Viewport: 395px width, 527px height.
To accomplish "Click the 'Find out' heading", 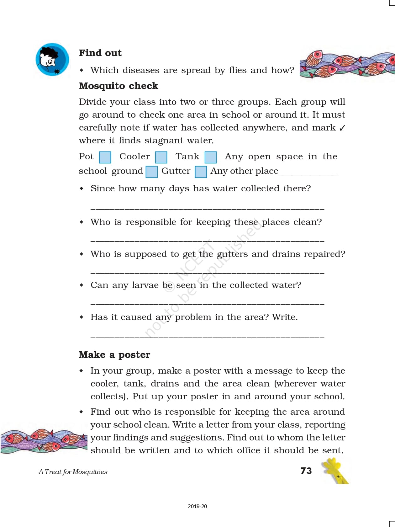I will pos(100,53).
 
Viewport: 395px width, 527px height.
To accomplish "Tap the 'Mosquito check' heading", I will pos(118,86).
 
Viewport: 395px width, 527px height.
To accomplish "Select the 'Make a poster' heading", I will pos(114,355).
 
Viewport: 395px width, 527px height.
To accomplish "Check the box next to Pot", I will pos(105,157).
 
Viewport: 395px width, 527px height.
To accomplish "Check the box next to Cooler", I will pos(161,157).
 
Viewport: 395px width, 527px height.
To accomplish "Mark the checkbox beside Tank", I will pos(211,157).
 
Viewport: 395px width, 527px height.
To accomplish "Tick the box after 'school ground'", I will pos(152,172).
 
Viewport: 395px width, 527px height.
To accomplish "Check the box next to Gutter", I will pos(201,172).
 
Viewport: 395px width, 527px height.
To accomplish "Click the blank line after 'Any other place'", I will pos(308,174).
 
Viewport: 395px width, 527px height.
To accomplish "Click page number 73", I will pos(306,471).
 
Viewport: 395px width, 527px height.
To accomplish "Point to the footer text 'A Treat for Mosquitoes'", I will pos(73,472).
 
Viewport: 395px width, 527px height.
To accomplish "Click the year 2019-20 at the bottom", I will pos(197,506).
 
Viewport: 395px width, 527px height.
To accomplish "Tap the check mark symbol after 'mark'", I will pos(342,128).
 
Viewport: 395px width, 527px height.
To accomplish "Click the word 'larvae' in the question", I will pos(145,285).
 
